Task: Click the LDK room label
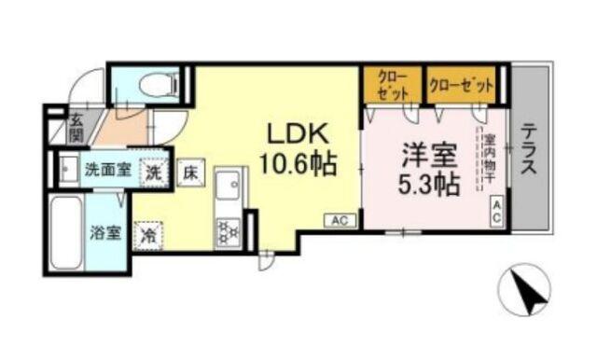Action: point(297,132)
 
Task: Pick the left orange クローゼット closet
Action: point(392,86)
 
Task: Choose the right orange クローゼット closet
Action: point(461,85)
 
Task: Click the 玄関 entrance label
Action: point(76,128)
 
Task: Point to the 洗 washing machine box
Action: point(152,172)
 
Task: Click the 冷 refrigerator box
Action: point(146,234)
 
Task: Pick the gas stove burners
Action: point(228,229)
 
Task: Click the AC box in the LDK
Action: point(339,220)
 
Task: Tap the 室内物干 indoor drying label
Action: point(489,159)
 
